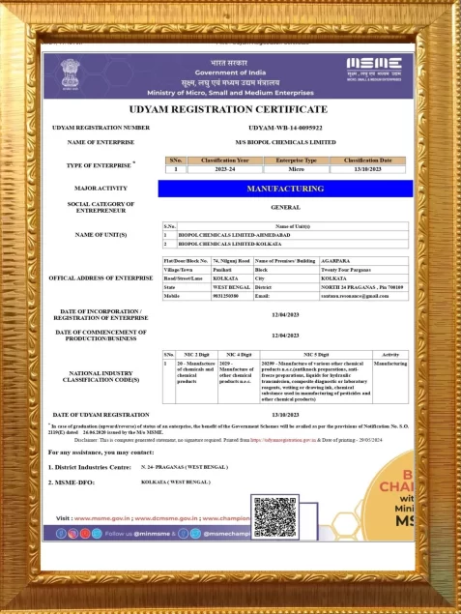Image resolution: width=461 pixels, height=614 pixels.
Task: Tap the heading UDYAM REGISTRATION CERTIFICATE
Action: [230, 109]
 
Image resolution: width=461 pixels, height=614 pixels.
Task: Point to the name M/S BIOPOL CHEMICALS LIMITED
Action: [289, 141]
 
